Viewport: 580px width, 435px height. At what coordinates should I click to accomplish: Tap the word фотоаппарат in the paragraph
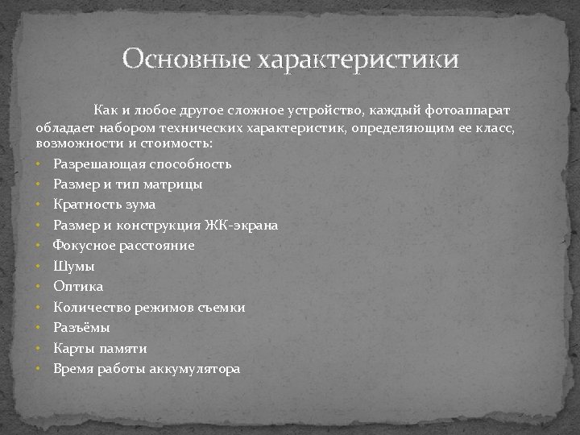[x=470, y=109]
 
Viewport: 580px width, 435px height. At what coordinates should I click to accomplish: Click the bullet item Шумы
[x=74, y=266]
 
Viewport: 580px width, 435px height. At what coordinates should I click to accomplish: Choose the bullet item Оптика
[x=78, y=286]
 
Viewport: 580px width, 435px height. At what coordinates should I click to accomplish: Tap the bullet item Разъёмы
[x=81, y=328]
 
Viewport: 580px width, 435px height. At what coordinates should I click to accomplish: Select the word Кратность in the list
[x=83, y=205]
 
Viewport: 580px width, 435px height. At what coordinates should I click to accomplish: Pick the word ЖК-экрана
[x=241, y=225]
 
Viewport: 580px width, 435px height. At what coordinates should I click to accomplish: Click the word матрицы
[x=177, y=184]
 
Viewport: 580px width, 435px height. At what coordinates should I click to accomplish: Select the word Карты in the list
[x=73, y=348]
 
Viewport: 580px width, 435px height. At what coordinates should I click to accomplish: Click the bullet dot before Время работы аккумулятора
[x=39, y=369]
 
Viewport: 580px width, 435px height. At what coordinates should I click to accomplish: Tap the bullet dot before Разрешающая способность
[x=39, y=164]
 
